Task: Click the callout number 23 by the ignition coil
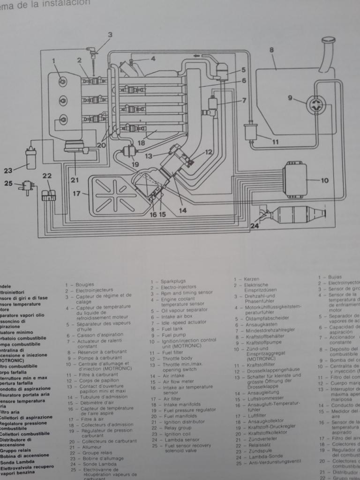coord(8,171)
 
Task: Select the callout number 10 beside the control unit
coord(325,180)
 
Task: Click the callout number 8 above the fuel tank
coord(271,50)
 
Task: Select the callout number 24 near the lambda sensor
coord(255,226)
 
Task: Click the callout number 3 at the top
coord(110,35)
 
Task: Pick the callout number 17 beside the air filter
coord(76,192)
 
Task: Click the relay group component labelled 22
coord(47,196)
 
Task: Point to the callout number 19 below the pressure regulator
coord(135,165)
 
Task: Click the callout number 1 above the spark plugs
coord(54,60)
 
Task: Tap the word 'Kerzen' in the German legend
coord(252,279)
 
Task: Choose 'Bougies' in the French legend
coord(84,285)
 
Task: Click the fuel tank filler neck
coord(328,54)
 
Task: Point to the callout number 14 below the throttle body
coord(183,210)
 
